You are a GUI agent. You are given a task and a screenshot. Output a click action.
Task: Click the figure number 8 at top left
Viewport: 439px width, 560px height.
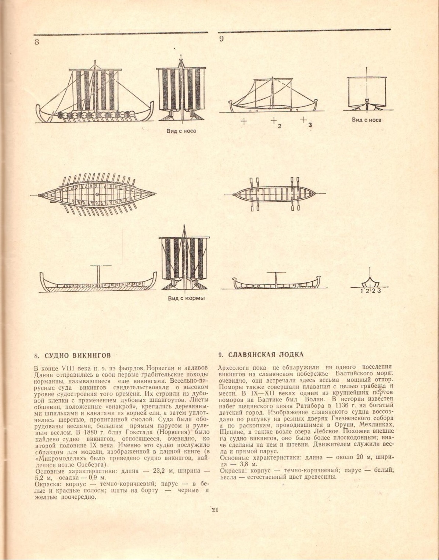coord(37,42)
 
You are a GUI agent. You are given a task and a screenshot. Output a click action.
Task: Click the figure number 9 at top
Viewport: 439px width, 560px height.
coord(222,39)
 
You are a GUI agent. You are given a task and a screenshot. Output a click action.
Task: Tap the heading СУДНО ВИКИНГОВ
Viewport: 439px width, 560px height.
coord(78,355)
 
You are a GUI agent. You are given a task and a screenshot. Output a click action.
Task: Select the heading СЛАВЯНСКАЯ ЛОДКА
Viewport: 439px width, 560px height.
coord(266,355)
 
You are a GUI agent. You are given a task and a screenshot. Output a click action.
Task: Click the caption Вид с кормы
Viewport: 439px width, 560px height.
coord(186,298)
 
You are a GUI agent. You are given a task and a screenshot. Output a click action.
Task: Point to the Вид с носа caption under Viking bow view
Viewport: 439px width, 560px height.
coord(181,131)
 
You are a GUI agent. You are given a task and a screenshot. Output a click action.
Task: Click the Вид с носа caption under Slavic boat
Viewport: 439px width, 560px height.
coord(366,120)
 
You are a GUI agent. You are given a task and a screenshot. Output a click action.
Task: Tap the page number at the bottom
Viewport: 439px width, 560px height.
coord(215,510)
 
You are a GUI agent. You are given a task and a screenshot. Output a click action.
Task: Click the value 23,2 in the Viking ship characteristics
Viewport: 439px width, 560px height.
coord(155,471)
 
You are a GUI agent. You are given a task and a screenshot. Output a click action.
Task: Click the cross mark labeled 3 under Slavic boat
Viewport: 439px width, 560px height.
coord(303,120)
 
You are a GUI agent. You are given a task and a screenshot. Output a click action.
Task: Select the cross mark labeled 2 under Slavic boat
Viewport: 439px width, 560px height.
coord(274,120)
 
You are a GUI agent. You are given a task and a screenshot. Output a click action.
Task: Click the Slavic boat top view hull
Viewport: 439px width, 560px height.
coord(274,194)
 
